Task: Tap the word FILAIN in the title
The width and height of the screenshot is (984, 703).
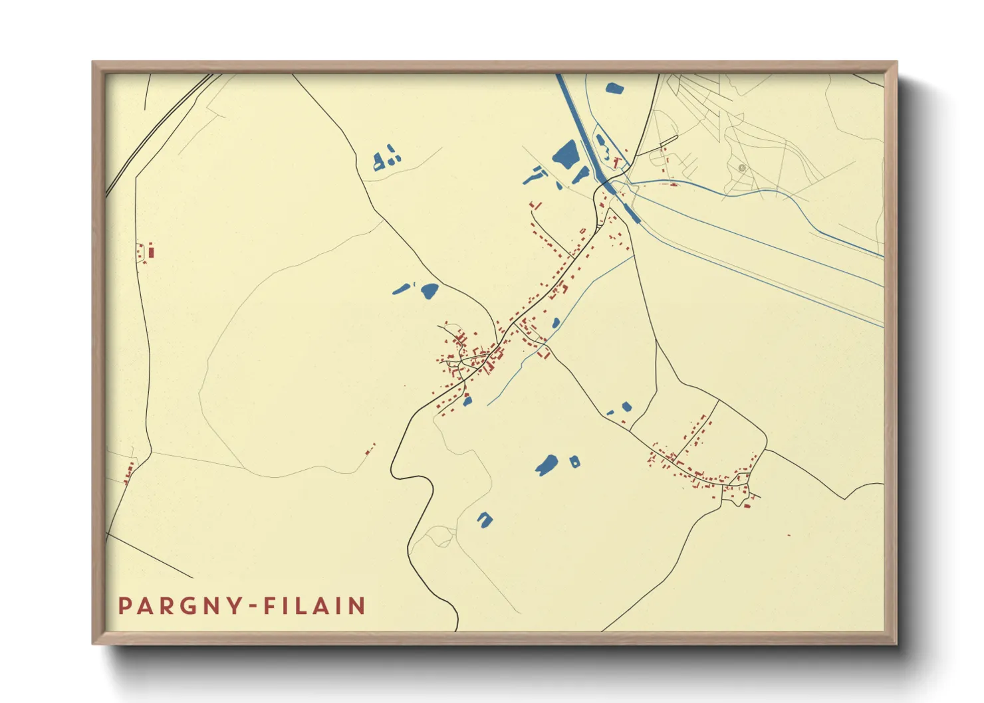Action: pyautogui.click(x=314, y=606)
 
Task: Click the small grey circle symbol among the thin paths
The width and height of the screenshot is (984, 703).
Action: pyautogui.click(x=742, y=168)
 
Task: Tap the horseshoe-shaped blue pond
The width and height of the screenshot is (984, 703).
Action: pyautogui.click(x=485, y=519)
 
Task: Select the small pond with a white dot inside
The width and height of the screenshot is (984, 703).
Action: pyautogui.click(x=574, y=460)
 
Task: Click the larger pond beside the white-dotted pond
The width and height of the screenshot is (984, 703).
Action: pyautogui.click(x=547, y=464)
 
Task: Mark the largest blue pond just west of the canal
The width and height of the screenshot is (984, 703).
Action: pyautogui.click(x=566, y=154)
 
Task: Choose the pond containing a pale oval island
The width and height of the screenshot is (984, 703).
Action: pyautogui.click(x=602, y=144)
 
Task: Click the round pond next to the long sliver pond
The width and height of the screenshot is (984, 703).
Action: pyautogui.click(x=430, y=290)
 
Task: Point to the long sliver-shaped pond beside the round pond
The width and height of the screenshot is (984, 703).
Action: pyautogui.click(x=401, y=288)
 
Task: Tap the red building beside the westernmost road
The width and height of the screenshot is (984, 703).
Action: pyautogui.click(x=151, y=251)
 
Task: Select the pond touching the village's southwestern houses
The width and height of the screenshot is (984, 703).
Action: pyautogui.click(x=467, y=400)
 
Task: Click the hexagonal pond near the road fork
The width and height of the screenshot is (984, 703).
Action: pyautogui.click(x=626, y=406)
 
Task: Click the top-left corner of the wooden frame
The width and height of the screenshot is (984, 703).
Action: pyautogui.click(x=94, y=63)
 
